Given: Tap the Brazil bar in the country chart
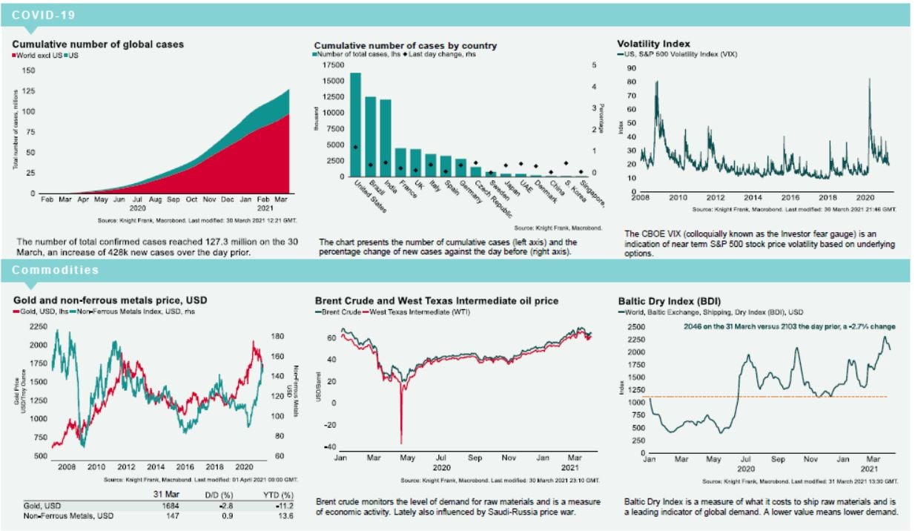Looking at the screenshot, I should (370, 137).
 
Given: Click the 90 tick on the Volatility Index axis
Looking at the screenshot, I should (631, 67).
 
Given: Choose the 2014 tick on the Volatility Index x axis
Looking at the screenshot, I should (752, 199).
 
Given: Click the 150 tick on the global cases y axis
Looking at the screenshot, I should (29, 70).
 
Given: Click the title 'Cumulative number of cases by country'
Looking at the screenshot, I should (405, 45).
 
